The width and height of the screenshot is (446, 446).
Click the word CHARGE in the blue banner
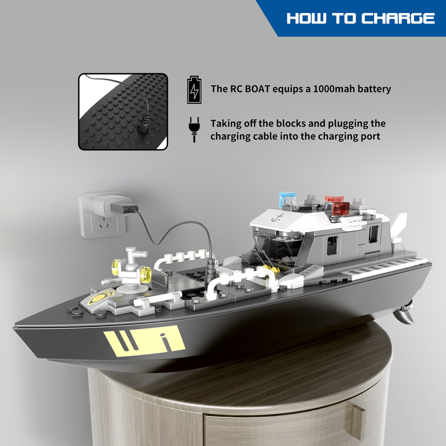[x=398, y=18]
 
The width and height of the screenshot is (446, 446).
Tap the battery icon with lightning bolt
[x=194, y=90]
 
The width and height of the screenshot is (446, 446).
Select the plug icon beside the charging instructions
[x=194, y=129]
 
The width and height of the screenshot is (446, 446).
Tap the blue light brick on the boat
[x=288, y=198]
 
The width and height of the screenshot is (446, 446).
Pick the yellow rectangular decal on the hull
[x=145, y=341]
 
